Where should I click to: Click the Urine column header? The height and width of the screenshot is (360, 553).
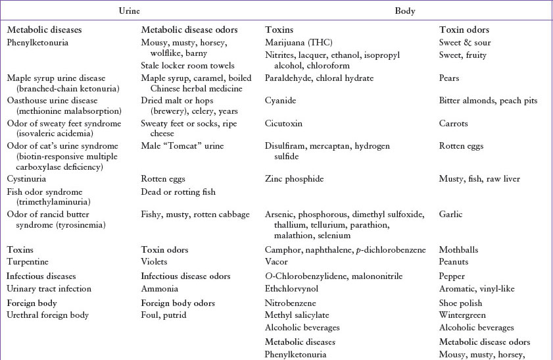[128, 11]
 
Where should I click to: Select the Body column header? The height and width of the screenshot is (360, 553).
[404, 11]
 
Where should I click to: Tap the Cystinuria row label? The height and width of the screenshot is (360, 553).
[28, 178]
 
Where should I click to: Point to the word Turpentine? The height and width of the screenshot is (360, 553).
[28, 262]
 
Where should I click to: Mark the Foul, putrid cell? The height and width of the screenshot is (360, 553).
[164, 315]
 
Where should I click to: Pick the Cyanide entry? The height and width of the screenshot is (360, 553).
[280, 101]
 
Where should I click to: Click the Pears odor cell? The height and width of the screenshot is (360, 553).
[449, 78]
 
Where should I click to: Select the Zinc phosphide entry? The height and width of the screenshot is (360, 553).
[295, 178]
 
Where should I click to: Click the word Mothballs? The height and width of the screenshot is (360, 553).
[458, 250]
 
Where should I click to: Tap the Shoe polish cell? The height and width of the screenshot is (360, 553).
[460, 303]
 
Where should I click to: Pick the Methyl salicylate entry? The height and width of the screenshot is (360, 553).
[297, 315]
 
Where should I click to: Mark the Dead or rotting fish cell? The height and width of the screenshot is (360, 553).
[178, 192]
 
